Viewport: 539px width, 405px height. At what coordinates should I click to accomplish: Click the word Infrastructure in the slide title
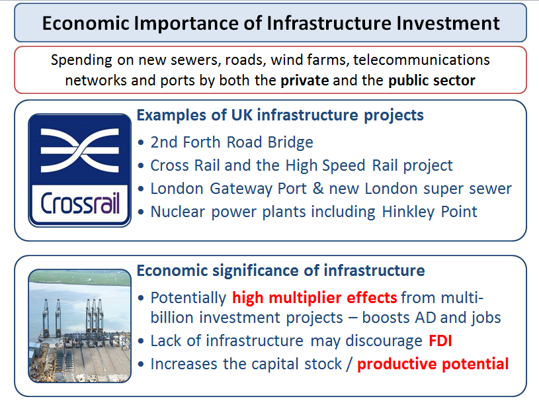point(329,23)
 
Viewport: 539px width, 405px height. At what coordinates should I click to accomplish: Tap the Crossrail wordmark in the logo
point(80,203)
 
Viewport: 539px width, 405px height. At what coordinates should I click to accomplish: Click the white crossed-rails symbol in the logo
point(80,150)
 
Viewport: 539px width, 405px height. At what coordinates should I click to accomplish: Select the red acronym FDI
point(440,341)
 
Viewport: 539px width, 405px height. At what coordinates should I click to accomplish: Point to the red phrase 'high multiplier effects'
point(315,298)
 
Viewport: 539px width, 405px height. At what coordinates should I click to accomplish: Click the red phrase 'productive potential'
point(433,364)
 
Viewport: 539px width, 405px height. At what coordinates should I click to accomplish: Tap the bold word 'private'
point(305,81)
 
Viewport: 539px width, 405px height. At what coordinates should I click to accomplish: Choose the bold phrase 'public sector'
point(432,81)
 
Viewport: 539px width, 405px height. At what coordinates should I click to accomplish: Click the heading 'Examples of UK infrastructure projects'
point(280,115)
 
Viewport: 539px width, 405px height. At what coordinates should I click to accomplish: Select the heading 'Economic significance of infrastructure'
point(281,271)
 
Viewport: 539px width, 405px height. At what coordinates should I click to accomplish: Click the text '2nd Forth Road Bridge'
point(232,142)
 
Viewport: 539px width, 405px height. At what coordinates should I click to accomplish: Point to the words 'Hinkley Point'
point(430,212)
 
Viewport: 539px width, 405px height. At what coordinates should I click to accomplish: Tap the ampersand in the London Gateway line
point(318,188)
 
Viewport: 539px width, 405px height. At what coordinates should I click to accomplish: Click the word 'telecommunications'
point(421,60)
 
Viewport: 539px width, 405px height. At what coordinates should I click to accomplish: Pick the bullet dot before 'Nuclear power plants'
point(141,212)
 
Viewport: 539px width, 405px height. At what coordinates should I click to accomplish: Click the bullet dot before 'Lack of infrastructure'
point(141,341)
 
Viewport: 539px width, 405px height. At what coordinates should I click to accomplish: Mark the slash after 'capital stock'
point(350,364)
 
